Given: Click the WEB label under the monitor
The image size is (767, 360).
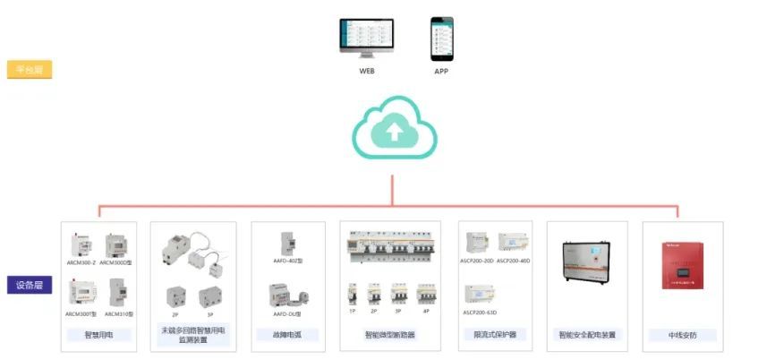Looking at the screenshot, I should [367, 70].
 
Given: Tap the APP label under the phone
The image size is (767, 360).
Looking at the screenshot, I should [441, 70].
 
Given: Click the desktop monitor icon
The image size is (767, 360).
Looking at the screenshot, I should [367, 38].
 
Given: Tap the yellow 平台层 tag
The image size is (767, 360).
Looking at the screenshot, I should [30, 69].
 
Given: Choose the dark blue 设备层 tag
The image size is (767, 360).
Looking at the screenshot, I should [30, 285].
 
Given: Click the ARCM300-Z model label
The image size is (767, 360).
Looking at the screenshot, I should [81, 262].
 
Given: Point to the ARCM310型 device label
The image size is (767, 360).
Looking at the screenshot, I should [118, 314].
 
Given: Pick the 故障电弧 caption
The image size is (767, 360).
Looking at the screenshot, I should [288, 335].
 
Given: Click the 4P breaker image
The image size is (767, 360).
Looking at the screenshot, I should [425, 296].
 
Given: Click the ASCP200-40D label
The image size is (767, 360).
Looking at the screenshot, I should [514, 261].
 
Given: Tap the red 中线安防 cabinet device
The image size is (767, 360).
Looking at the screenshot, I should [682, 265].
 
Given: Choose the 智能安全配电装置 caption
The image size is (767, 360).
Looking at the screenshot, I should [587, 335].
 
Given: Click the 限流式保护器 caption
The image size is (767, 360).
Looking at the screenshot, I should [494, 335].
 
